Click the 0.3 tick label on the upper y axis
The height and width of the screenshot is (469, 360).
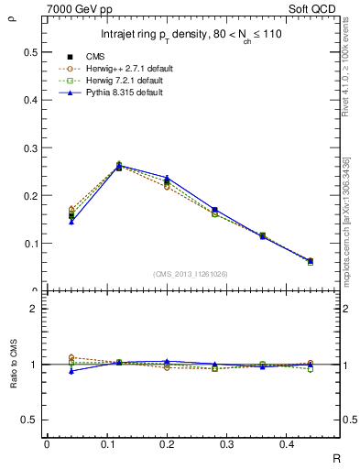click(30, 147)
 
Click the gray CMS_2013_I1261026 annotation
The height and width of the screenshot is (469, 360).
click(191, 274)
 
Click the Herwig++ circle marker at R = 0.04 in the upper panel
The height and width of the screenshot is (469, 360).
click(72, 210)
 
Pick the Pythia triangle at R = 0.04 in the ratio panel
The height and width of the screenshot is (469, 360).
click(72, 371)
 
